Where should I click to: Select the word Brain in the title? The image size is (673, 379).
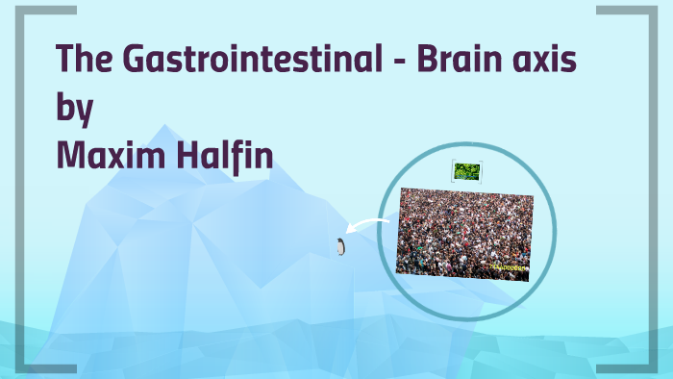coord(448,61)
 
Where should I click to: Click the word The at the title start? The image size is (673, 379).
coord(83,61)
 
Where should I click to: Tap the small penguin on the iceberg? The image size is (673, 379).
coord(340,247)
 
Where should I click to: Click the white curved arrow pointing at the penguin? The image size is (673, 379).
coord(365,227)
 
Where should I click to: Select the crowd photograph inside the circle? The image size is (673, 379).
coord(463,234)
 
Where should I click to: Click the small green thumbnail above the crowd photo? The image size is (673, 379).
coord(465,171)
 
